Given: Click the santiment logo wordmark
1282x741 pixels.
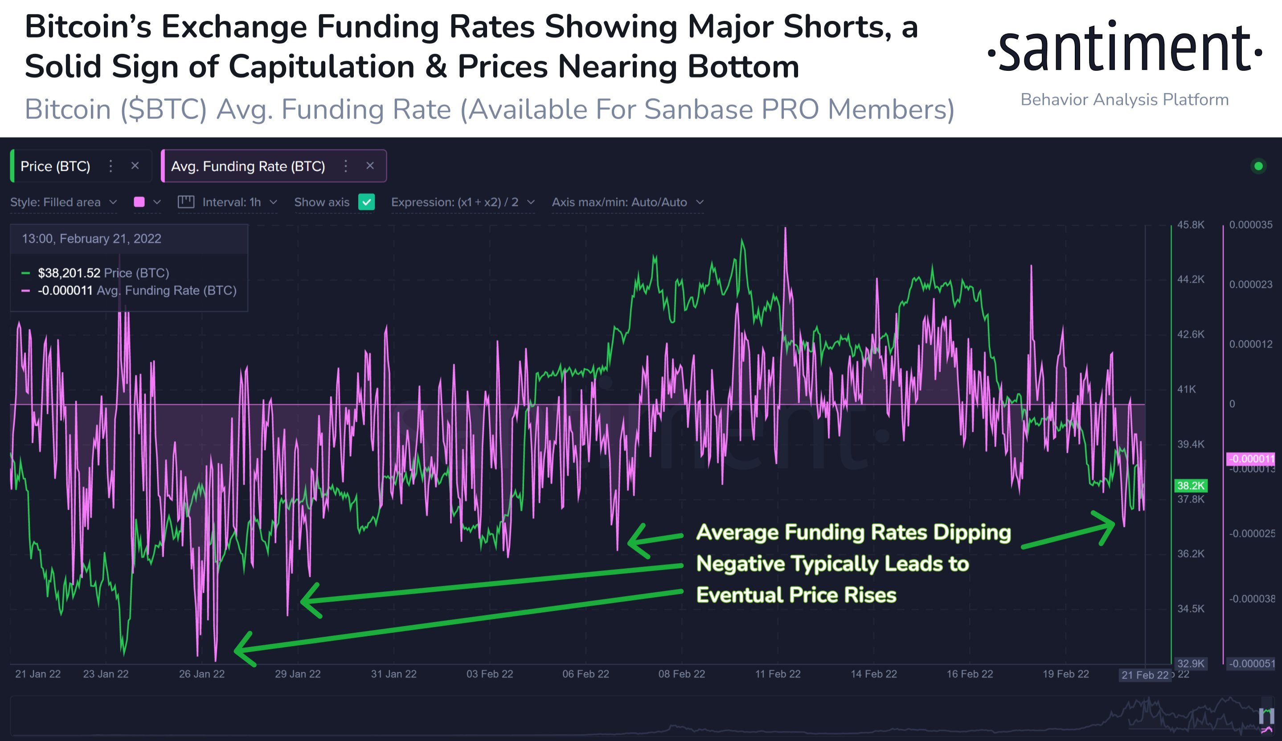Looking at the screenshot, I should [1124, 48].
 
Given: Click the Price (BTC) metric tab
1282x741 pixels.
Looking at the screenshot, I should [55, 166].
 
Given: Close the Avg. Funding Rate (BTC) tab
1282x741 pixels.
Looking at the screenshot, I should [370, 166].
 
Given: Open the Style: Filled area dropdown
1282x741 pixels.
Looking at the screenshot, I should [64, 202].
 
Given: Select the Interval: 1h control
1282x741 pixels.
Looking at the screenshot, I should [227, 202].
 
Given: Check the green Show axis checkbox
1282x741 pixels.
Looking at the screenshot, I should [366, 202].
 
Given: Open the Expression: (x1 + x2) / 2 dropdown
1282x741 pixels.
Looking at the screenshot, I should [463, 202].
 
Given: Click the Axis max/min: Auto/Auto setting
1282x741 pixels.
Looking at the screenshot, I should [627, 202].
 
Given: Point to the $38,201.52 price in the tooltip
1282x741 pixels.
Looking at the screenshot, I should [69, 273].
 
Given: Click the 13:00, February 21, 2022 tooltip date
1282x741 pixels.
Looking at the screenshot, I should [92, 238].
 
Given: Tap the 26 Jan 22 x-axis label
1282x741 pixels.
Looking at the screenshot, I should [201, 674].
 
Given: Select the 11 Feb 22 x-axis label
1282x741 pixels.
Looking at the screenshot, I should [777, 674].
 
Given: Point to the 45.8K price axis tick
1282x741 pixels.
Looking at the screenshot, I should [1191, 225].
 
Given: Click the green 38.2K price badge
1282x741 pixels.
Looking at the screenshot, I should [1191, 486].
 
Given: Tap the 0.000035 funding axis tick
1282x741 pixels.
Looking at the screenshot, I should [1250, 225].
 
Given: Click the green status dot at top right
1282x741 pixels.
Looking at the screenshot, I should [1258, 166].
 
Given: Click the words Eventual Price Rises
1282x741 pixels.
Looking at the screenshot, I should [796, 595].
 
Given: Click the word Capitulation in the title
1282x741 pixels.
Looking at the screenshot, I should [322, 67].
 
